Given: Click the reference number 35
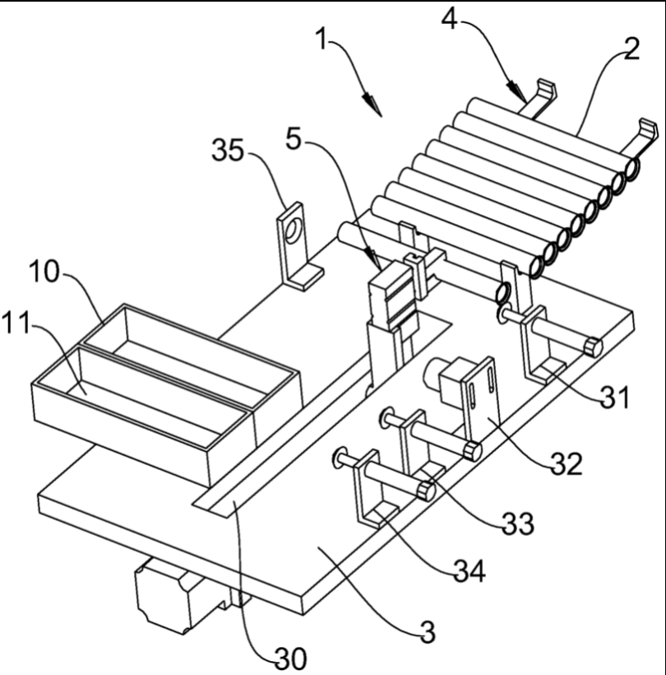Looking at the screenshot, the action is pyautogui.click(x=228, y=151).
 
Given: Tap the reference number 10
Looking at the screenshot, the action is pyautogui.click(x=44, y=272).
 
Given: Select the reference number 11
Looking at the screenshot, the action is pyautogui.click(x=16, y=323).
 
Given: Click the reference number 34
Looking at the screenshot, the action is pyautogui.click(x=470, y=571).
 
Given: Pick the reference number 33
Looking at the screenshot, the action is pyautogui.click(x=518, y=524).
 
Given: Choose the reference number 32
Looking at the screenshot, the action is pyautogui.click(x=567, y=464).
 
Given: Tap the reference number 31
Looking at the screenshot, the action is pyautogui.click(x=615, y=398).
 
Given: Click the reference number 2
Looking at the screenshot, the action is pyautogui.click(x=631, y=49).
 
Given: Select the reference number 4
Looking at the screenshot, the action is pyautogui.click(x=449, y=20).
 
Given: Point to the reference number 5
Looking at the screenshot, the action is pyautogui.click(x=294, y=139).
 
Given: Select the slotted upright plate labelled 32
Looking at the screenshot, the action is pyautogui.click(x=481, y=399).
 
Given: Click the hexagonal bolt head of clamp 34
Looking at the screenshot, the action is pyautogui.click(x=427, y=491).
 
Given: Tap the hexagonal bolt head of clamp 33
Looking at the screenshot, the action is pyautogui.click(x=473, y=451).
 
